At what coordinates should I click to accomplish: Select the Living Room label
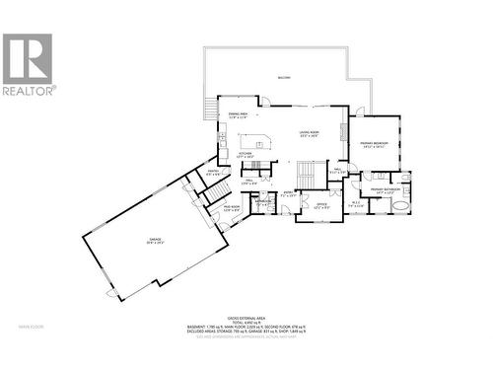314,135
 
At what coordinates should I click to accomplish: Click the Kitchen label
246,156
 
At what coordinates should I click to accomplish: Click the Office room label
320,205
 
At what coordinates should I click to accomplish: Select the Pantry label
212,174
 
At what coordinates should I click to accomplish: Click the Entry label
289,194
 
